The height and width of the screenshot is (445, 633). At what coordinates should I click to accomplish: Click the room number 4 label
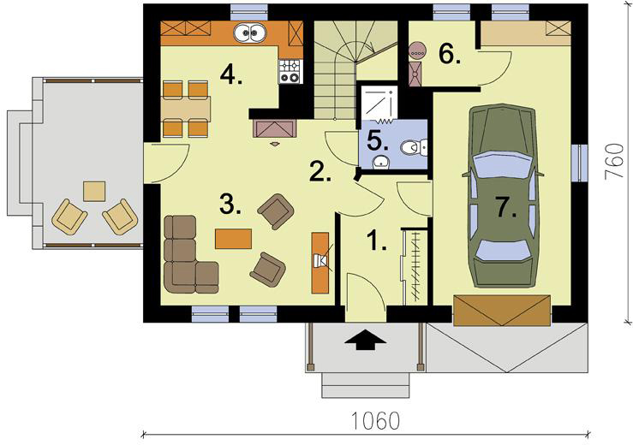click(230, 74)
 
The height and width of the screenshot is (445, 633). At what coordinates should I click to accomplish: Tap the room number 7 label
click(506, 207)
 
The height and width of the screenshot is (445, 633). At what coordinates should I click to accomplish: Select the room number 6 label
click(449, 54)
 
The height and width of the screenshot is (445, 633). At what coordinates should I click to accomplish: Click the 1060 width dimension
click(375, 420)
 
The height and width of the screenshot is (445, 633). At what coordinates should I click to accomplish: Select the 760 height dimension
click(614, 162)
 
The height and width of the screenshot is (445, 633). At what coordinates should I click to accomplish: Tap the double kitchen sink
click(250, 33)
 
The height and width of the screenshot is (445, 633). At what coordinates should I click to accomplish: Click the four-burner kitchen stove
click(290, 71)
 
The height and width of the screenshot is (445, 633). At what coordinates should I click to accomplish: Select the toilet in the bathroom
click(415, 148)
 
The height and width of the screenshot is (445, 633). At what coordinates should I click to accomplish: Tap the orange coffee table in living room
click(233, 239)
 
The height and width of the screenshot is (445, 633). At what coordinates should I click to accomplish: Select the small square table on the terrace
click(94, 191)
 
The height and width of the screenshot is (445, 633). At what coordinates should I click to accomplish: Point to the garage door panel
click(502, 311)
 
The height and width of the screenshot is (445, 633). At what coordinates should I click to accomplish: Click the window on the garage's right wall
click(579, 163)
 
